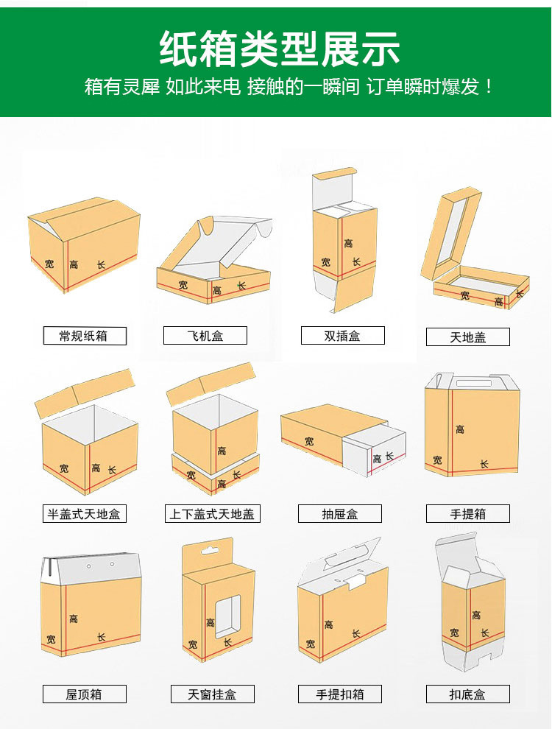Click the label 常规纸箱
[85, 336]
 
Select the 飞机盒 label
[205, 336]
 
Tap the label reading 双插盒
[342, 336]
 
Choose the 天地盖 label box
[468, 337]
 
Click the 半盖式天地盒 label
[85, 514]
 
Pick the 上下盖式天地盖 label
[213, 514]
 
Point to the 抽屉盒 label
[339, 514]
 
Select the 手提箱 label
[468, 514]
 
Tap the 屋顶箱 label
[85, 694]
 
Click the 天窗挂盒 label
[213, 694]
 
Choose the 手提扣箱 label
[339, 694]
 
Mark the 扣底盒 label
[468, 694]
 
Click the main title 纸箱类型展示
[279, 49]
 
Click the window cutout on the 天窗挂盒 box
[227, 616]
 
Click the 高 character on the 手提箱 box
[459, 429]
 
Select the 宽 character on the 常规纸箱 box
[49, 264]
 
